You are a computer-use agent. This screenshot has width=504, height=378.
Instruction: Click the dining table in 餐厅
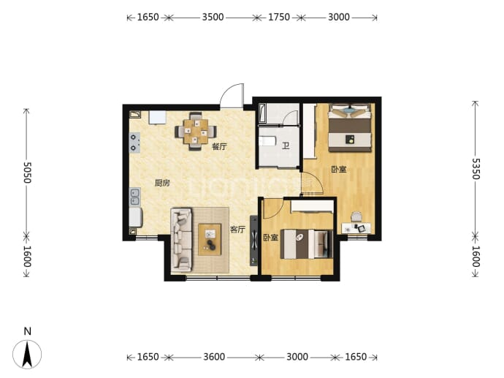click(196, 132)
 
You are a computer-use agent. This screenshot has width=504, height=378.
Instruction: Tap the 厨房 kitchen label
click(162, 183)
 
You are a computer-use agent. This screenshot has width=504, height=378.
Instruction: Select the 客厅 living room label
click(237, 230)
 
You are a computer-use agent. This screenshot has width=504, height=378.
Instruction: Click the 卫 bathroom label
click(286, 146)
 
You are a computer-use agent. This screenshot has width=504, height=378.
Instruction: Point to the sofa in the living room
click(181, 240)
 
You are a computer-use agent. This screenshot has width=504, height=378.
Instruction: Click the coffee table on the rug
click(210, 239)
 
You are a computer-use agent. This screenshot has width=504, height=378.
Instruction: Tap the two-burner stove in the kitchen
click(134, 143)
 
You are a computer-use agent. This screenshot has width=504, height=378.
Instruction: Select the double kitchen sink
click(134, 197)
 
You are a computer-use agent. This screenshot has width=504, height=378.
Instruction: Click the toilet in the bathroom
click(267, 141)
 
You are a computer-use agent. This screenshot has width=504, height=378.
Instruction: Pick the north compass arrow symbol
click(27, 354)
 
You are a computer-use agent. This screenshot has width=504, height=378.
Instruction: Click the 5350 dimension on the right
click(476, 169)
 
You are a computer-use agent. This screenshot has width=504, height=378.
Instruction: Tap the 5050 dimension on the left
click(27, 172)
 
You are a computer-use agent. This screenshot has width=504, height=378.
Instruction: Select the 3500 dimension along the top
click(213, 17)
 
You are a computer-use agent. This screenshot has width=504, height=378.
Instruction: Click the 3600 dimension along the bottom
click(214, 357)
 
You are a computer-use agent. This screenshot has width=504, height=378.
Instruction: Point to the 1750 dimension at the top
click(279, 17)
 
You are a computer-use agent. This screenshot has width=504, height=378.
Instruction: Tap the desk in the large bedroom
click(356, 228)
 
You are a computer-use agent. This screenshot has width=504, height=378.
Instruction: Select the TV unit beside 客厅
click(254, 241)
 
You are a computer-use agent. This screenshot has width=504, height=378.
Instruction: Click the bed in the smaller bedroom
click(306, 244)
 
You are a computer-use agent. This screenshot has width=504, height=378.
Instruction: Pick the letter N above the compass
click(28, 331)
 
